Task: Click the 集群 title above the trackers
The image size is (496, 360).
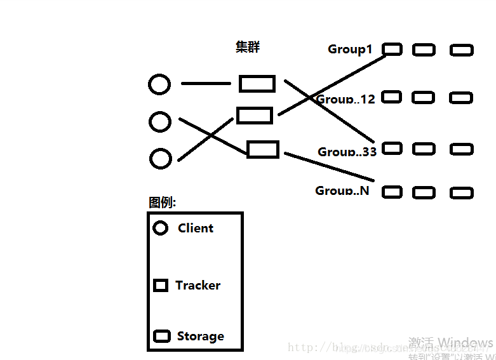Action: pyautogui.click(x=248, y=47)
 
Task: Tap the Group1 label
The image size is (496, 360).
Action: pyautogui.click(x=350, y=49)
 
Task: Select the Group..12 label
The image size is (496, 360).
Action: pyautogui.click(x=346, y=99)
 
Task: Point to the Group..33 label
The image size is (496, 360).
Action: pyautogui.click(x=347, y=152)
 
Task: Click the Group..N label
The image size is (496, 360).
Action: pyautogui.click(x=342, y=190)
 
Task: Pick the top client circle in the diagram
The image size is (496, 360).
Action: pyautogui.click(x=159, y=84)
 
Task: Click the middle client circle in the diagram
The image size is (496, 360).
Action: pyautogui.click(x=160, y=121)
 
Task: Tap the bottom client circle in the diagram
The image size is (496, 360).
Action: pyautogui.click(x=161, y=158)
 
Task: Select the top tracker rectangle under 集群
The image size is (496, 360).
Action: pyautogui.click(x=257, y=84)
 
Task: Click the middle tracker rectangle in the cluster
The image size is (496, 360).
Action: pyautogui.click(x=255, y=116)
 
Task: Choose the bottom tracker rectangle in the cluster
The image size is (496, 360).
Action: pyautogui.click(x=262, y=150)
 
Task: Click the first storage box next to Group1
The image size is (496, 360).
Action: pyautogui.click(x=392, y=49)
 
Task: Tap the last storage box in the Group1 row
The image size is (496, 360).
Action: pyautogui.click(x=462, y=50)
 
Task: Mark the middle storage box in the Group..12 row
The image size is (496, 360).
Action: pyautogui.click(x=424, y=97)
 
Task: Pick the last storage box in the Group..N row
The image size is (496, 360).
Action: pyautogui.click(x=462, y=192)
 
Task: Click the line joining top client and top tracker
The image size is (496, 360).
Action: pyautogui.click(x=206, y=83)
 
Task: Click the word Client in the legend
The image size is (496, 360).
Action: pyautogui.click(x=196, y=229)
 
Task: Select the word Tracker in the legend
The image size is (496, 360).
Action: pyautogui.click(x=198, y=286)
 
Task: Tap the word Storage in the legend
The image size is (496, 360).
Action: pyautogui.click(x=200, y=337)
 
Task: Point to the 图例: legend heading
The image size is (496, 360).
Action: pyautogui.click(x=162, y=203)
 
